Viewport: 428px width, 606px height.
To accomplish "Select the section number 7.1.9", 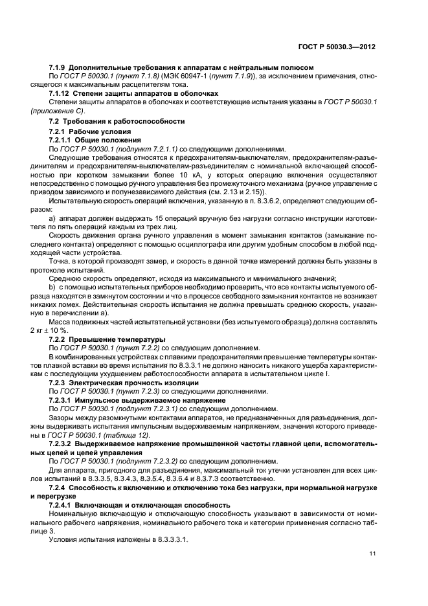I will point(58,67).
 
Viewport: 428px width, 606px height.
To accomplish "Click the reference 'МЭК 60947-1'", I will point(185,76).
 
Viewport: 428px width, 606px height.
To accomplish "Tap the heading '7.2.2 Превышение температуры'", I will point(107,339).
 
